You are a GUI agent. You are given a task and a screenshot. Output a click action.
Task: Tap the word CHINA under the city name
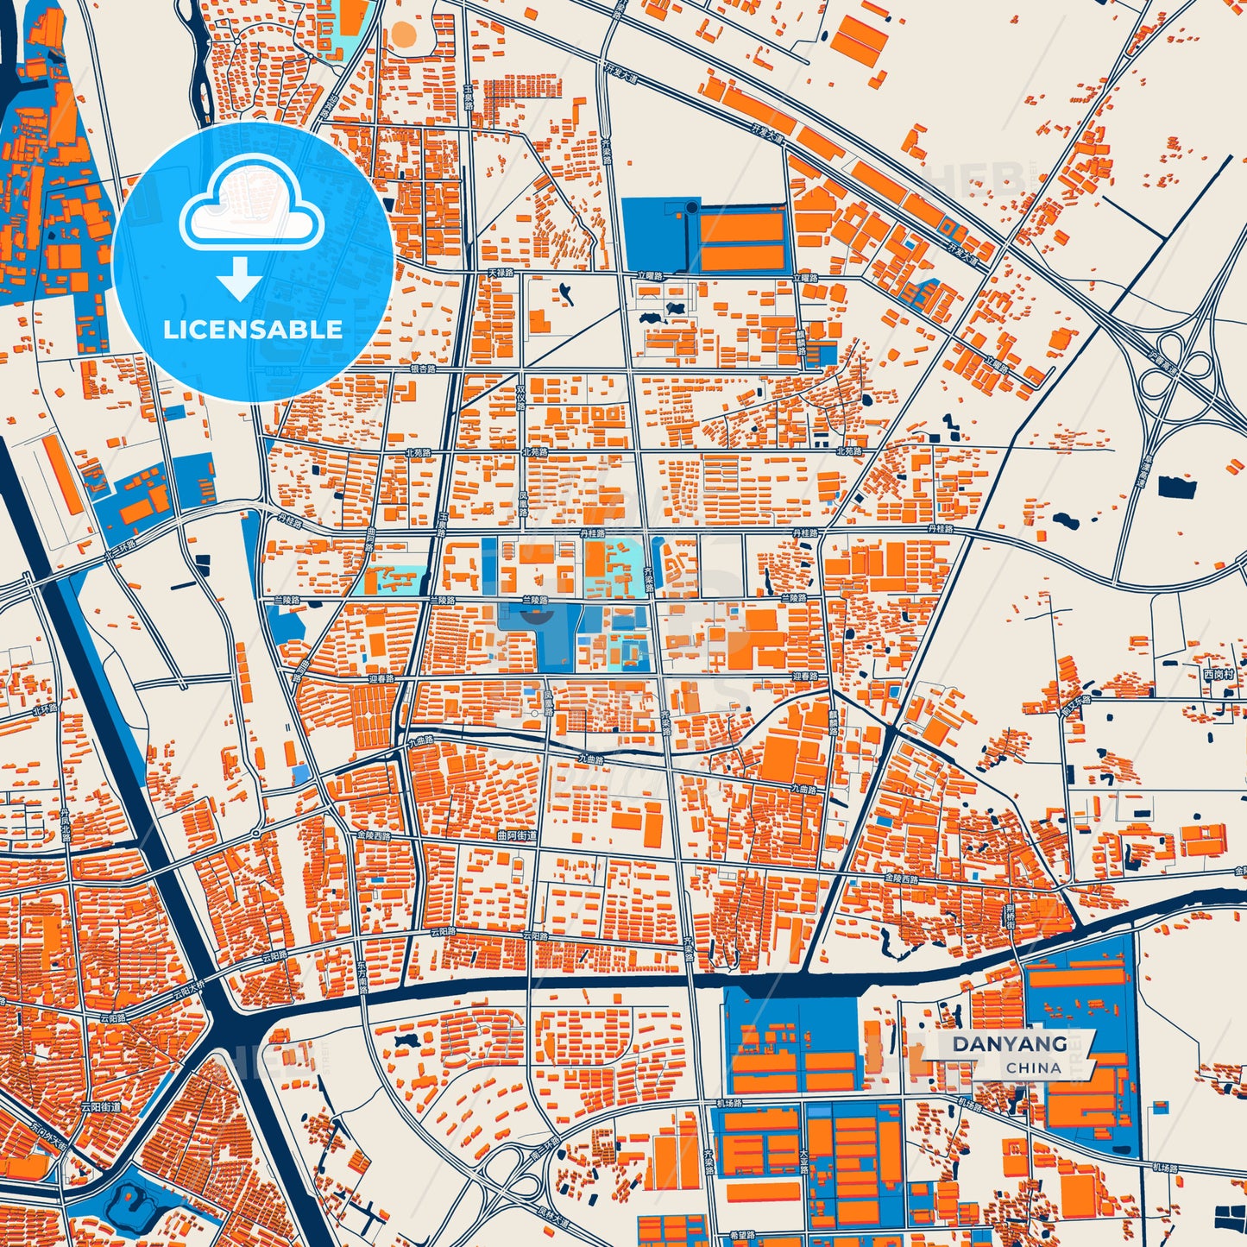point(1033,1068)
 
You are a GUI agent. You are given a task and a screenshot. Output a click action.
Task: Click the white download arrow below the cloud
point(240,279)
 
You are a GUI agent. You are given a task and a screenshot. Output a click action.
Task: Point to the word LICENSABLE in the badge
point(253,329)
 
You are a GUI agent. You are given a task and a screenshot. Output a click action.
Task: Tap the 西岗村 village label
point(1219,674)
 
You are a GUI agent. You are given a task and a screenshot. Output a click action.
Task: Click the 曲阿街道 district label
point(517,835)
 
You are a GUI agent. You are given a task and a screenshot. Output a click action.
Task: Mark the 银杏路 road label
point(423,368)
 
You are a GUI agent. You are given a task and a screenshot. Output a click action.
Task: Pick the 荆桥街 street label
point(1010,915)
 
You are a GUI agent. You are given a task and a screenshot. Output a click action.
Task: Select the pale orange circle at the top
point(403,34)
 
